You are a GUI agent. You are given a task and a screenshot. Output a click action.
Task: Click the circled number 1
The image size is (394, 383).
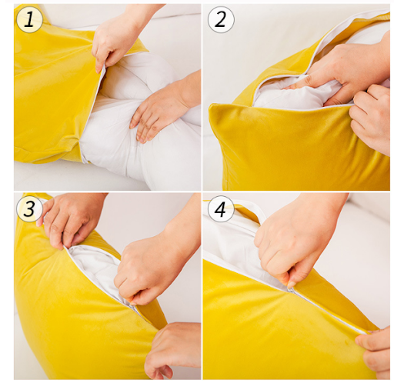[29, 19]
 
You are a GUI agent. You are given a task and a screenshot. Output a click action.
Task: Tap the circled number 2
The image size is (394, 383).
[221, 19]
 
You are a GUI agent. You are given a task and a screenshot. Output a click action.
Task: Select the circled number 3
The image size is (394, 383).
[29, 208]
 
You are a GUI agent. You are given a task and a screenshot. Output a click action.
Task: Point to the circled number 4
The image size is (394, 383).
[221, 208]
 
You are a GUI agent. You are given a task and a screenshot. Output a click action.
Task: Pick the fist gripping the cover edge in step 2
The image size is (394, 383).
[372, 115]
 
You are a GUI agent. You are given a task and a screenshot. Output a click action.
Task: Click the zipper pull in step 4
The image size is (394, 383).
[291, 290]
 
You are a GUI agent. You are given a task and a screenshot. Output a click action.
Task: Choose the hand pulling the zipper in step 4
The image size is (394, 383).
[295, 246]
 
